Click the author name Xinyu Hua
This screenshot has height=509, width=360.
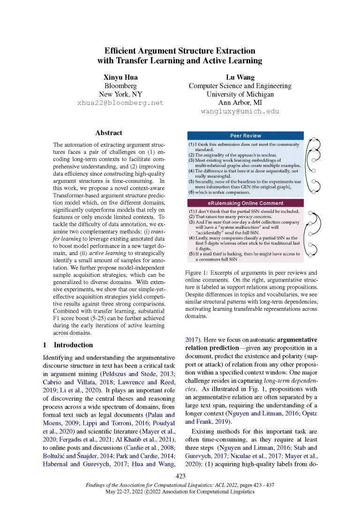(120, 77)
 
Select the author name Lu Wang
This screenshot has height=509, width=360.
(240, 77)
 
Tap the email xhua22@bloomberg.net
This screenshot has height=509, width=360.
(120, 103)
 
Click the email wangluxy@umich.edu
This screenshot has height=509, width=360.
(240, 111)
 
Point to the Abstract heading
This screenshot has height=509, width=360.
(108, 133)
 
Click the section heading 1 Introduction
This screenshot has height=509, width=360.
(67, 345)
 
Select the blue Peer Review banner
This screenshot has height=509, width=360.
(245, 136)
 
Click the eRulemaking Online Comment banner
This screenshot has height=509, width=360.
(245, 203)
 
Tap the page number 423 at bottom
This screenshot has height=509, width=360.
(180, 476)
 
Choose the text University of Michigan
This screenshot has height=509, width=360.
(240, 94)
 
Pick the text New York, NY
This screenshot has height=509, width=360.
(120, 94)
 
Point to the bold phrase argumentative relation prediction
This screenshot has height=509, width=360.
(248, 344)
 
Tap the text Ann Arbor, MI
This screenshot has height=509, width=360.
(240, 103)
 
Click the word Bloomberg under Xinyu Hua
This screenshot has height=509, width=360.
(120, 86)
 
